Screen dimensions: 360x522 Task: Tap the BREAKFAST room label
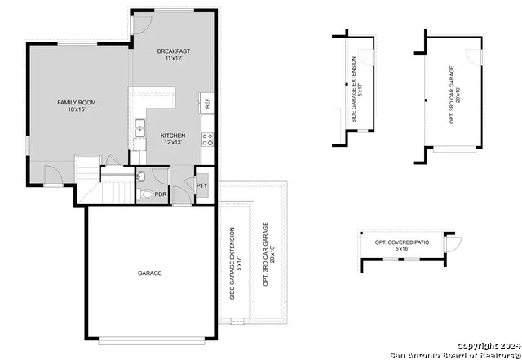pyautogui.click(x=173, y=51)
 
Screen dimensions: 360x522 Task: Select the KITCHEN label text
pyautogui.click(x=173, y=136)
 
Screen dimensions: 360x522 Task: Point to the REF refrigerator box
pyautogui.click(x=207, y=104)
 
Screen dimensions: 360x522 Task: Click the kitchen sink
pyautogui.click(x=139, y=127)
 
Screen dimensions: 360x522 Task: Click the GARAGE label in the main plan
pyautogui.click(x=149, y=273)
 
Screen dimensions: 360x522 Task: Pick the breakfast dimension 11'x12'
pyautogui.click(x=173, y=59)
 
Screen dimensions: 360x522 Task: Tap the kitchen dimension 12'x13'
pyautogui.click(x=173, y=143)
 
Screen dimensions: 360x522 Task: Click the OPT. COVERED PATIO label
pyautogui.click(x=400, y=242)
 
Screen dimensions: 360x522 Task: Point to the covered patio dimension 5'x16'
pyautogui.click(x=400, y=249)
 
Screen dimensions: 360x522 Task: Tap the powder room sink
pyautogui.click(x=140, y=177)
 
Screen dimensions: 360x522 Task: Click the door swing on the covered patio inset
pyautogui.click(x=453, y=242)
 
